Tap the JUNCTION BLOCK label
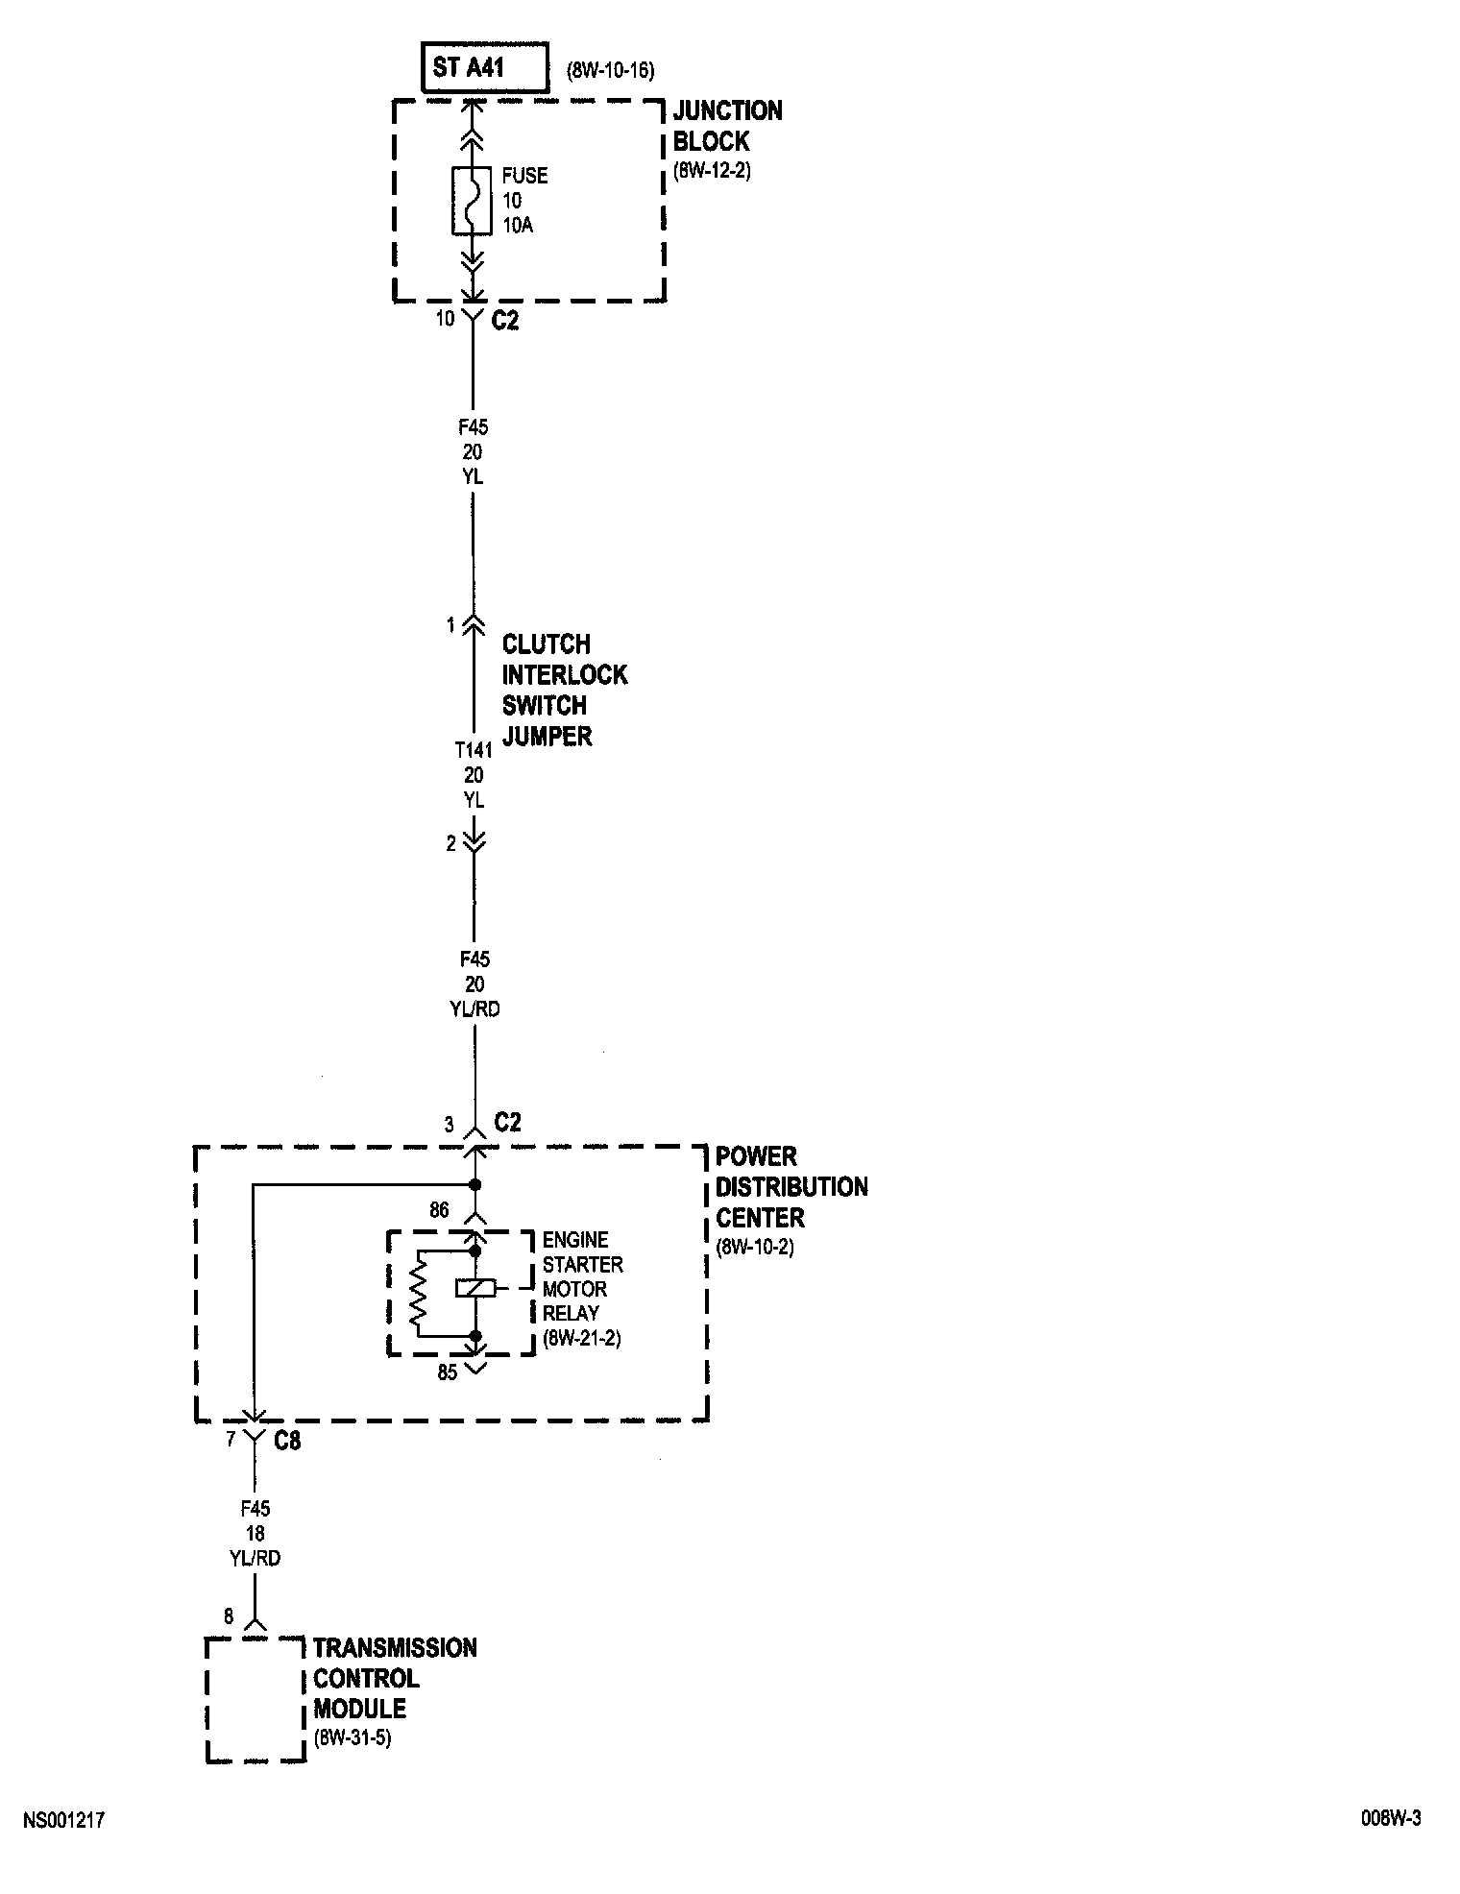[727, 126]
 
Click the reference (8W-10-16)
[611, 70]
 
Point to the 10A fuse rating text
[518, 227]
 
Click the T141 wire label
[473, 750]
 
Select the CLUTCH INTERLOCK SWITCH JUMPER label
[564, 690]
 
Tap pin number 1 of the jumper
[450, 625]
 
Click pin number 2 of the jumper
[450, 844]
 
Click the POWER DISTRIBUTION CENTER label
[791, 1187]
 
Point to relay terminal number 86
[439, 1210]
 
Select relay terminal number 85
[448, 1372]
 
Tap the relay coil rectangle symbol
[474, 1289]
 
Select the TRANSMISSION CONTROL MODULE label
[394, 1678]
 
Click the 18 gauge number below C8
[255, 1534]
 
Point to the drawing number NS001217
[63, 1820]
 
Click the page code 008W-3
[1389, 1818]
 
